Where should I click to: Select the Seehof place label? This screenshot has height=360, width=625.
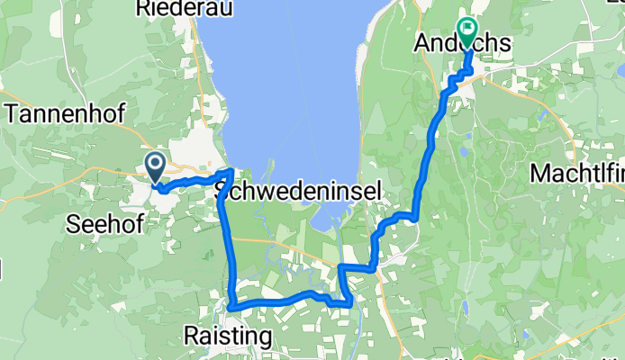(x=106, y=225)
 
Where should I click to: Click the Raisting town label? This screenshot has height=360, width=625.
(x=227, y=337)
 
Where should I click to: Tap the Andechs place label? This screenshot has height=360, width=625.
(x=462, y=44)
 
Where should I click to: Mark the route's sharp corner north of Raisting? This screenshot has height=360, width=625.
(x=232, y=306)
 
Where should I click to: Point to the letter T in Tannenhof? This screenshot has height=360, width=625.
(x=13, y=113)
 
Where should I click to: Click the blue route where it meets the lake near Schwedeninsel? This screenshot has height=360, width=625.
(x=231, y=170)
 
